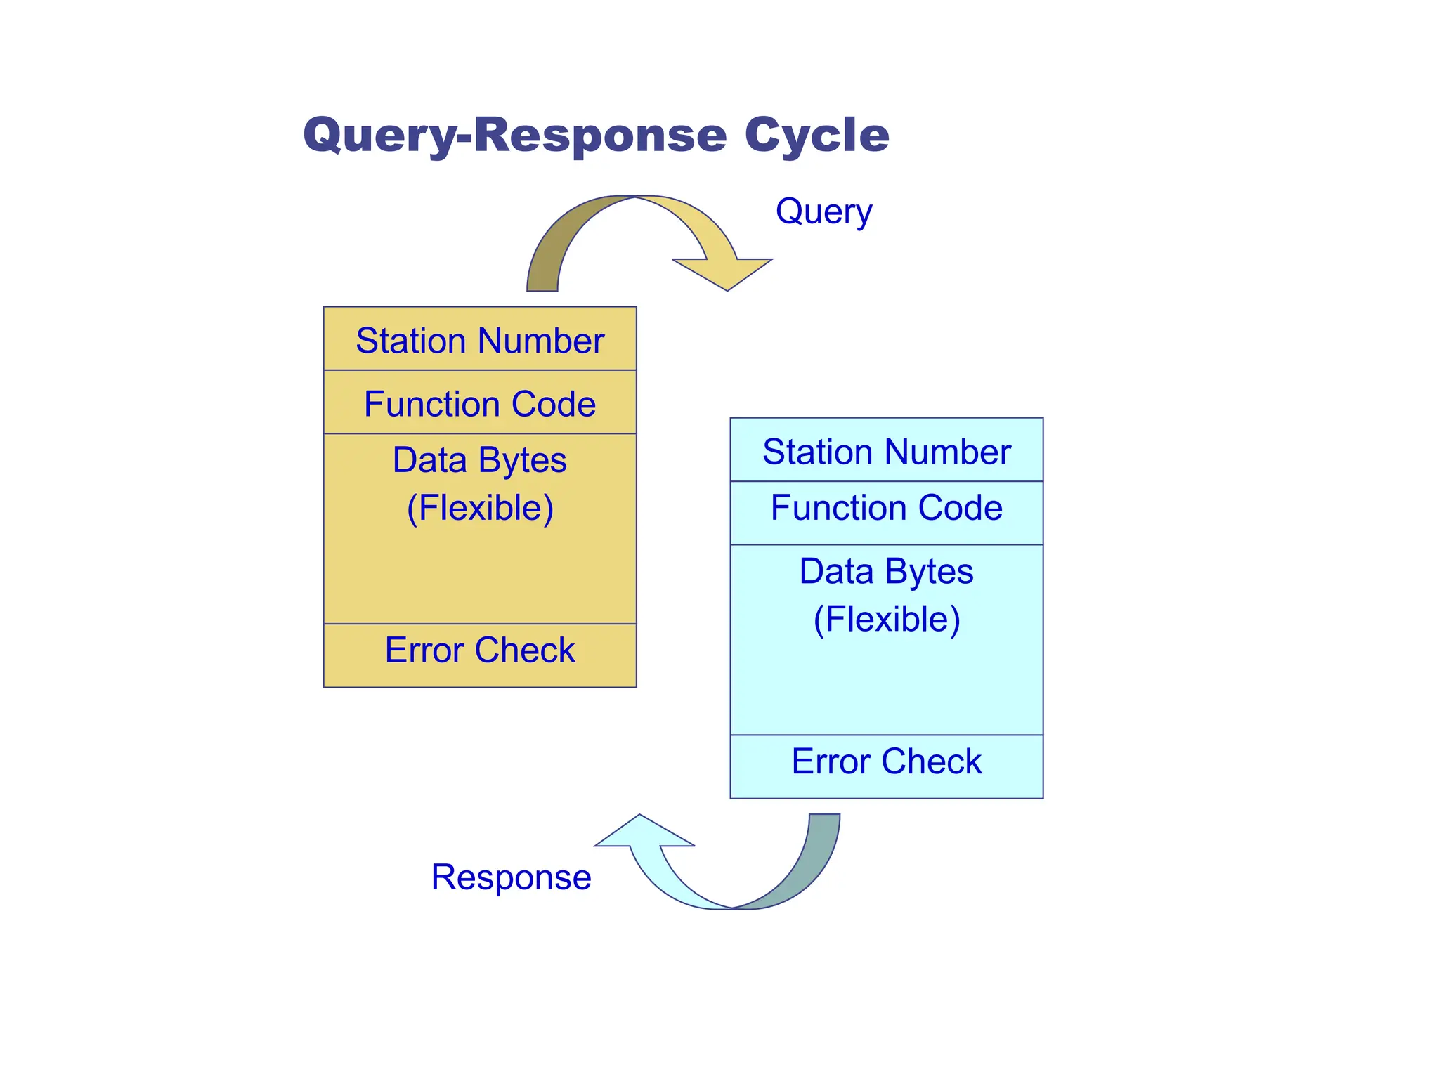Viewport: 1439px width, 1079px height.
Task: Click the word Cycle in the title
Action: (816, 135)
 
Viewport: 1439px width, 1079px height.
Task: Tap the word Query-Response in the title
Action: (514, 135)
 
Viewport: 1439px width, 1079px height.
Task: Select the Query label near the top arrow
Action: (823, 211)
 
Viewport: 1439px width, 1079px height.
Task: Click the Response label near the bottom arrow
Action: (511, 877)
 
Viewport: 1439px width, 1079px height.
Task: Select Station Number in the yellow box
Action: (480, 341)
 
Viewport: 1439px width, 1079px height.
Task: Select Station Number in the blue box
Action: (886, 452)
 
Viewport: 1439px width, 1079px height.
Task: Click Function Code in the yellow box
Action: (480, 404)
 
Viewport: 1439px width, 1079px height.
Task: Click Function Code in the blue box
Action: (886, 508)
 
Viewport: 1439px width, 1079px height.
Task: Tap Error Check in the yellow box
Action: (480, 650)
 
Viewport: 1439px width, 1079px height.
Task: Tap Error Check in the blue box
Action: (886, 761)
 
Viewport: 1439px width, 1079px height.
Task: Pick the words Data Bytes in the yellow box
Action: (480, 461)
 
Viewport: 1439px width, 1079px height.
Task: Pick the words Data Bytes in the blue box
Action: (886, 571)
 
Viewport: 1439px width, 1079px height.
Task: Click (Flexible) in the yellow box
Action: (480, 508)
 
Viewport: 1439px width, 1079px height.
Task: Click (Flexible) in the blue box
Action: (886, 620)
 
